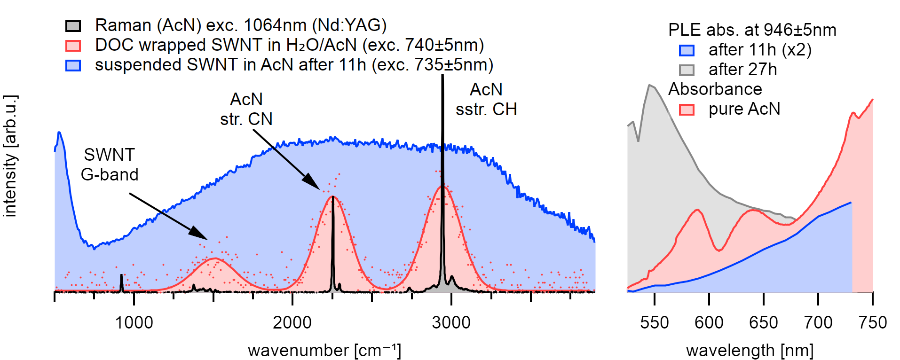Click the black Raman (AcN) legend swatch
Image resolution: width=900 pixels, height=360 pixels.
(x=73, y=26)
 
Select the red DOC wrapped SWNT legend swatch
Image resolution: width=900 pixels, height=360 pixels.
(x=73, y=46)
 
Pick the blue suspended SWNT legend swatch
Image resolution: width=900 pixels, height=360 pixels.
(x=73, y=65)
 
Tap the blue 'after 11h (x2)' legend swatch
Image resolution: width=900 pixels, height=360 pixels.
(x=687, y=50)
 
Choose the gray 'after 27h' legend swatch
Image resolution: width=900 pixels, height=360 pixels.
(x=687, y=70)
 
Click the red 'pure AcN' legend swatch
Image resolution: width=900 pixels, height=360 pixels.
(x=687, y=110)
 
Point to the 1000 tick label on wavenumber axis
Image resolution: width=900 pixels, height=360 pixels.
(x=134, y=323)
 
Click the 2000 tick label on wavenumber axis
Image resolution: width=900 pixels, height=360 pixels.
(x=292, y=323)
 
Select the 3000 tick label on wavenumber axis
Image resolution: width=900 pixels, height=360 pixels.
(x=451, y=323)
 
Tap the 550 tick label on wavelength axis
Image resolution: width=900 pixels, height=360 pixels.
(x=654, y=323)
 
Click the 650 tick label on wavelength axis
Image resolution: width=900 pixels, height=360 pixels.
(x=763, y=323)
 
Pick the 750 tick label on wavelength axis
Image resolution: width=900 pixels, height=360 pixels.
(x=872, y=323)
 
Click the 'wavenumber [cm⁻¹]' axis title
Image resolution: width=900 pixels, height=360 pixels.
(x=324, y=351)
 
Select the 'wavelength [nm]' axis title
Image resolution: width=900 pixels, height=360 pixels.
(x=750, y=351)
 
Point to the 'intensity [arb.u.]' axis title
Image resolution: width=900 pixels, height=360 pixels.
(x=10, y=156)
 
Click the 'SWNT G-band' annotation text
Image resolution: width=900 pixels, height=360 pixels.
(x=110, y=164)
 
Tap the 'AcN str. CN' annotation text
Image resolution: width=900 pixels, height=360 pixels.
(x=246, y=109)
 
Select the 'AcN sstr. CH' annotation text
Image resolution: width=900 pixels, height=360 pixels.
(x=486, y=99)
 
